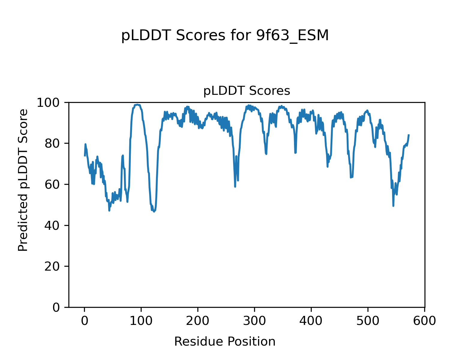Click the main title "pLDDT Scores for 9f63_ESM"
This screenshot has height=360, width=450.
pos(225,36)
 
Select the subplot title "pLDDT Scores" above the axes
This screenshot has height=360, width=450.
pos(247,91)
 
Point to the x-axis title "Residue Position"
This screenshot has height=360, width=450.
pos(225,341)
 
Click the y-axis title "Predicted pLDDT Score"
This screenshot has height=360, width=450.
pos(23,180)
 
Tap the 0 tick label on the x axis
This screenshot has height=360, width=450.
pos(85,321)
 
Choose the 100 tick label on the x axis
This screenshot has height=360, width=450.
pos(141,321)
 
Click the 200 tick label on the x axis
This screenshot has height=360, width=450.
pos(198,321)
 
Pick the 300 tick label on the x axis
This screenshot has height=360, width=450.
pos(254,321)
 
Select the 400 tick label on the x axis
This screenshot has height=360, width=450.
pos(311,321)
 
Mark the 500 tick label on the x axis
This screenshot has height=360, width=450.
pos(368,321)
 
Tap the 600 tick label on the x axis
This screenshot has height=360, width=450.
pos(424,321)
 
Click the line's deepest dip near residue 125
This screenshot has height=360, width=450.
pos(154,211)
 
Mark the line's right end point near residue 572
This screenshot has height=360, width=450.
pos(409,135)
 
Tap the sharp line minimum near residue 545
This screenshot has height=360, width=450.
pos(393,206)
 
